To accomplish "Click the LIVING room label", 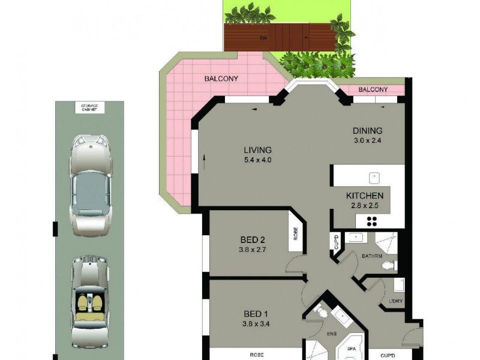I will tap(257, 150).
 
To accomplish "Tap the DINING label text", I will tap(367, 131).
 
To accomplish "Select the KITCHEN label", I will tap(364, 196).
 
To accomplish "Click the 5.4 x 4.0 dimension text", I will tap(257, 160).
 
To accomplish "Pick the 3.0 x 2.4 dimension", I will tap(367, 141).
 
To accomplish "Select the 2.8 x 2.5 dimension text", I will tap(364, 206).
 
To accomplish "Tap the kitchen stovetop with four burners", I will tap(372, 220).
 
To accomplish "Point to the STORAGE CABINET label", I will tap(89, 107).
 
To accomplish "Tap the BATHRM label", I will tap(372, 256).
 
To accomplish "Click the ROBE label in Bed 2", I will tap(295, 233).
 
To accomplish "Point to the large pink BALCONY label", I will tap(221, 79).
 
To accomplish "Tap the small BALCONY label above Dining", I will tap(373, 90).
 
